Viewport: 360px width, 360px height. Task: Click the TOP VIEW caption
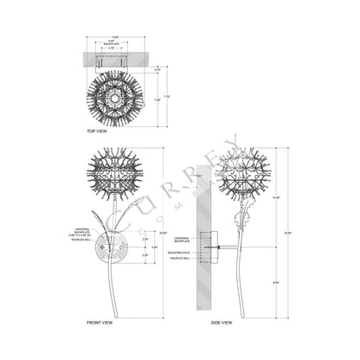click(96, 131)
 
